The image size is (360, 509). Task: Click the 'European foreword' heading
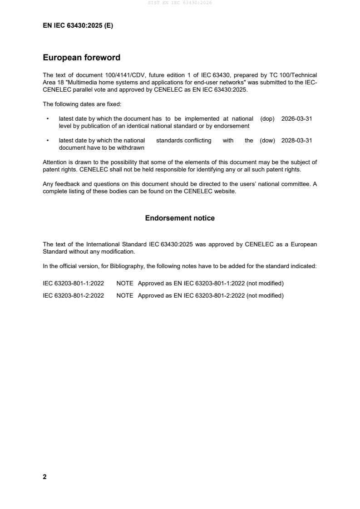(x=81, y=58)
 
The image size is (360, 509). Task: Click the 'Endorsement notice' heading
(x=180, y=218)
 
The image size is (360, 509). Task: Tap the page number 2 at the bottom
(x=44, y=477)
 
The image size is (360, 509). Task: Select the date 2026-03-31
(x=296, y=118)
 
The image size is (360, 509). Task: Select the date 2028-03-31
(x=296, y=141)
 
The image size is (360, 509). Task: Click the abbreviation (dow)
(x=267, y=141)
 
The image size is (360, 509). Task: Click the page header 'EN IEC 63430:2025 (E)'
(x=78, y=26)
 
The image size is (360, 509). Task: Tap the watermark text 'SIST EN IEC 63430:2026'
(x=180, y=3)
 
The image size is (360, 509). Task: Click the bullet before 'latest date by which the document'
(x=48, y=118)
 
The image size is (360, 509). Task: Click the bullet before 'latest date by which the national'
(x=48, y=141)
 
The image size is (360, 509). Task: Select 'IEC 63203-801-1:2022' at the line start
(x=73, y=284)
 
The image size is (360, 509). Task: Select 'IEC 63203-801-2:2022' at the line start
(x=73, y=296)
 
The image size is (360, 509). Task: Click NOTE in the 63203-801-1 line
(x=125, y=284)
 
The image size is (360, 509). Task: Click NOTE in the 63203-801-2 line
(x=125, y=296)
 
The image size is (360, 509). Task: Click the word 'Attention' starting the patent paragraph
(x=55, y=162)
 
